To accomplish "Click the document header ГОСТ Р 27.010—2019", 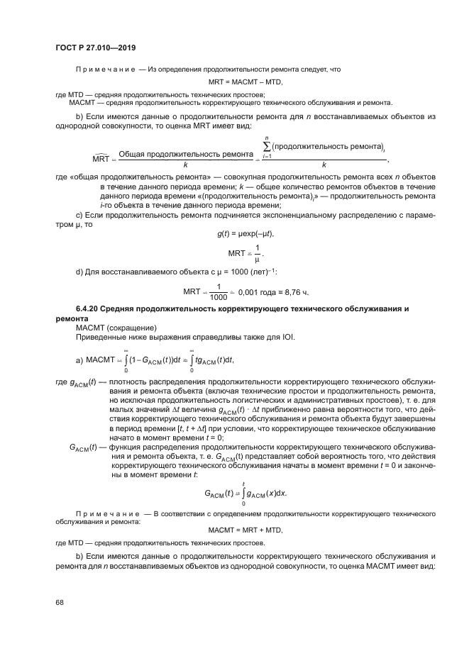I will [95, 48].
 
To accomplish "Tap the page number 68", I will [60, 602].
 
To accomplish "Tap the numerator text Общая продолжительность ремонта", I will [186, 153].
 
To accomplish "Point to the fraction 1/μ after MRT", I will [258, 254].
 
